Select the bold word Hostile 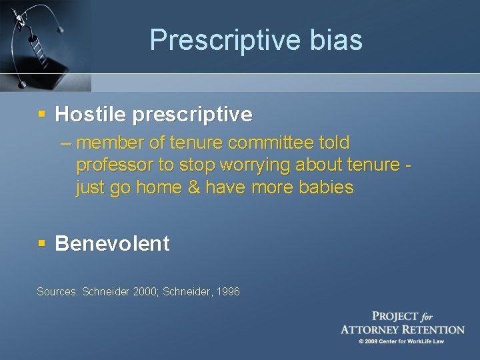[91, 115]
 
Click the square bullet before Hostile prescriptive [41, 115]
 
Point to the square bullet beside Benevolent [41, 243]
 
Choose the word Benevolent [112, 243]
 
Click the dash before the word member [66, 143]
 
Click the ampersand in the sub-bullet [194, 187]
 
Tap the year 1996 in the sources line [227, 291]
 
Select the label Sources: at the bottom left [57, 291]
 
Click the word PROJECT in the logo [395, 316]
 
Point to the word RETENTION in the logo [430, 329]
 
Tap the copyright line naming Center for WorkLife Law [402, 341]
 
